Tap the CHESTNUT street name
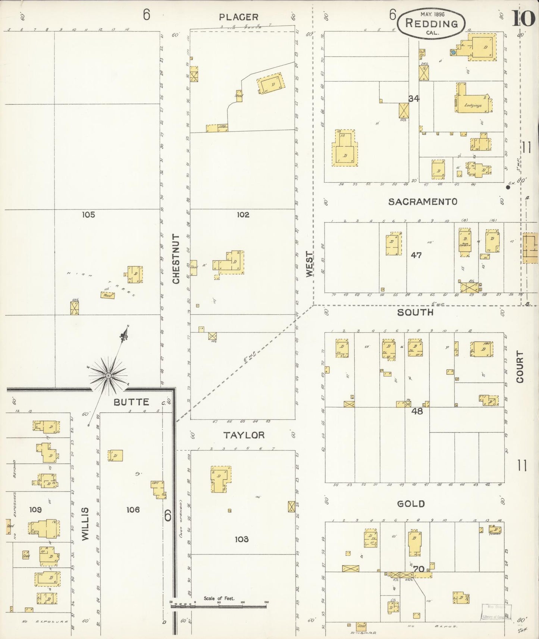176,258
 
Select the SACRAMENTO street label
423,202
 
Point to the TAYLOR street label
244,435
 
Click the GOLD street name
411,504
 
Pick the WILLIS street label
85,523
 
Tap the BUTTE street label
131,402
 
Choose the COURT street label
520,366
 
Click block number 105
88,215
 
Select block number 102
243,215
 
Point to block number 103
242,539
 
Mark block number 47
416,255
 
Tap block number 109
35,509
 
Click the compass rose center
108,375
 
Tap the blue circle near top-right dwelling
453,53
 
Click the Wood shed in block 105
107,295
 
